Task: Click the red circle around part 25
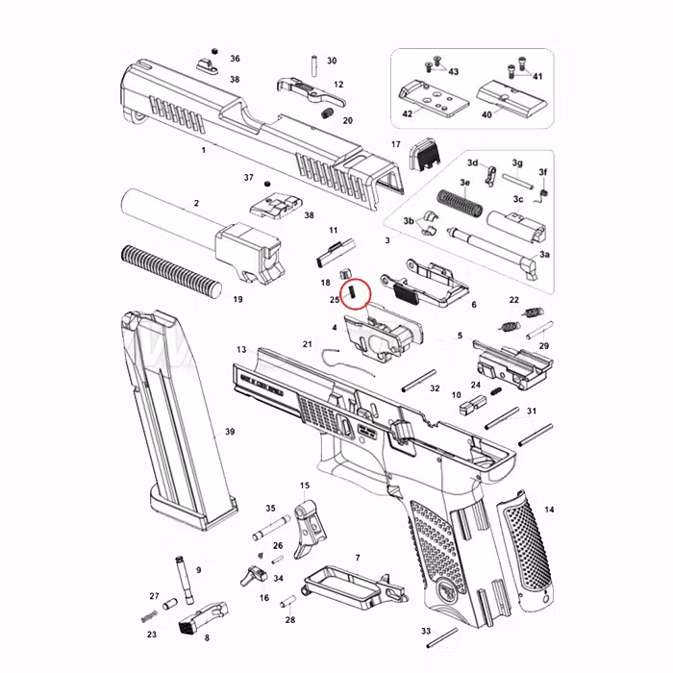(357, 289)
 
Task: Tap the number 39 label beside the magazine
(230, 432)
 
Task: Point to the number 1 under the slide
(203, 151)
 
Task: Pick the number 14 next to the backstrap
(549, 510)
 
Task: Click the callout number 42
(407, 113)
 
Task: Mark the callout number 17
(395, 144)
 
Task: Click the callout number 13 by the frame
(240, 350)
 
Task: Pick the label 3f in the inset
(542, 172)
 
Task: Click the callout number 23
(151, 635)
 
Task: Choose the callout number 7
(357, 558)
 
